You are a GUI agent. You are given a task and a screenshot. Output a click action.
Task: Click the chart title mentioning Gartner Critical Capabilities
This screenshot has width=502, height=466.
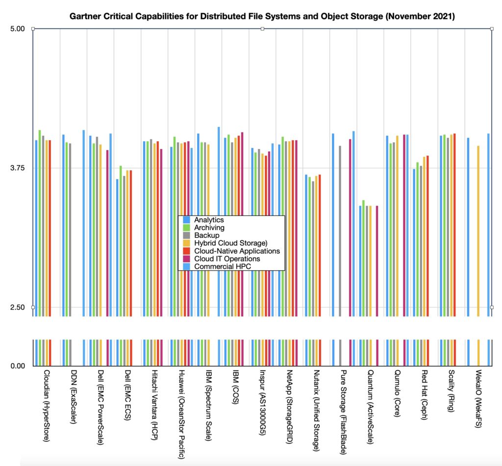[262, 16]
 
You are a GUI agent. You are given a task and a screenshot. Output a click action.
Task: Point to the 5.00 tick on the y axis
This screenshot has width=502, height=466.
[17, 29]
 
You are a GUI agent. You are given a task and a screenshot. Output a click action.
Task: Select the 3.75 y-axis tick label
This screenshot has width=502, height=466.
[17, 168]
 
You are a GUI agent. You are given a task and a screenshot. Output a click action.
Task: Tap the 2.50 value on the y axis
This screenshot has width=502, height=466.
[17, 308]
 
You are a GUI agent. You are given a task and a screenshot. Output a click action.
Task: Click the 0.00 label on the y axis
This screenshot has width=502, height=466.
[18, 366]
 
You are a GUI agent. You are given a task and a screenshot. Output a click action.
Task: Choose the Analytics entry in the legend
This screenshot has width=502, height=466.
[209, 220]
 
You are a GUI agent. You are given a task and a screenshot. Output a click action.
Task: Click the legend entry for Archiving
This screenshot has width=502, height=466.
[209, 228]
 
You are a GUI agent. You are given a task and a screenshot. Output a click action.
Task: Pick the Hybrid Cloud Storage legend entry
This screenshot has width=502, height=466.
[230, 243]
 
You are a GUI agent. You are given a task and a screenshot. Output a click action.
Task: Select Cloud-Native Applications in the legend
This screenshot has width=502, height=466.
[237, 251]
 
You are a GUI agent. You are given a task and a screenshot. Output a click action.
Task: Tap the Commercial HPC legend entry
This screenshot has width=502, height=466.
[223, 266]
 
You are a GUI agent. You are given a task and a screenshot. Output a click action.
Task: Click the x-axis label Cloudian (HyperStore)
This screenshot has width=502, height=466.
[47, 406]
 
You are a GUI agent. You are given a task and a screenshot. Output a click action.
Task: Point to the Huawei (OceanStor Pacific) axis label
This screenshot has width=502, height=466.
[181, 414]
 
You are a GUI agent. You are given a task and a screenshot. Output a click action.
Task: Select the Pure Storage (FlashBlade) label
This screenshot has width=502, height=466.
[343, 412]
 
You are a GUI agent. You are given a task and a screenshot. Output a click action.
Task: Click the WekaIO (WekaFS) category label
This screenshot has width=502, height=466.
[478, 399]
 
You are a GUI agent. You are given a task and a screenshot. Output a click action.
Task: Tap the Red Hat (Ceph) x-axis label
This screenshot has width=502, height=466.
[425, 394]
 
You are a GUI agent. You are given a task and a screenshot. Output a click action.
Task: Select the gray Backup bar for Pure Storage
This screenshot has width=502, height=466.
[340, 231]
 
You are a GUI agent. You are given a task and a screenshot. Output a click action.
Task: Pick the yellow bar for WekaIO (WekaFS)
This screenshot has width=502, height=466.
[478, 231]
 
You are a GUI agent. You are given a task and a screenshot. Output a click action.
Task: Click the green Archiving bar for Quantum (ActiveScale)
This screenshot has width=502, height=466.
[363, 258]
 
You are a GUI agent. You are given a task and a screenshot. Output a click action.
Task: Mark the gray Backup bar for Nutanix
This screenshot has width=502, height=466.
[313, 249]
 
